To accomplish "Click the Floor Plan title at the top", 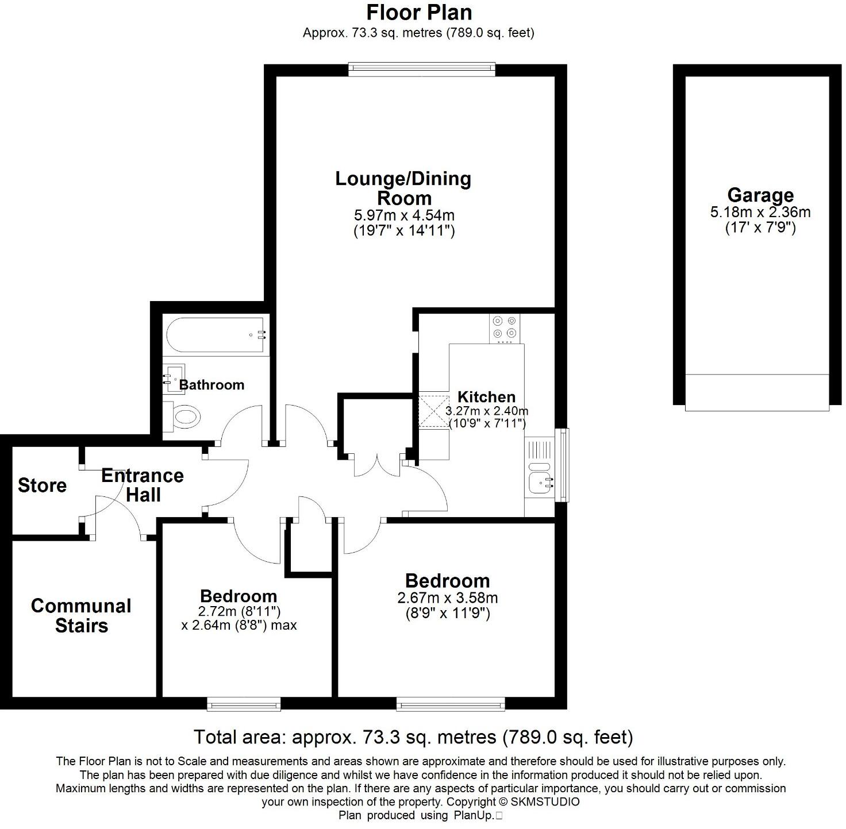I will point(419,12).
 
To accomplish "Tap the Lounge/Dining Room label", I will point(403,188).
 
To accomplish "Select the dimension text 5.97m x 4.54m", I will point(404,216).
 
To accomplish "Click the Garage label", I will point(760,195).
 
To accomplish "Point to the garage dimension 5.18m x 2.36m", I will point(760,212).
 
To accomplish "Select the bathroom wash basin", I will point(173,379).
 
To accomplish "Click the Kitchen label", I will point(486,396).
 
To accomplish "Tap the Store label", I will point(42,485).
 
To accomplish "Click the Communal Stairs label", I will point(81,615).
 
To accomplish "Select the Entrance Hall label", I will point(143,485).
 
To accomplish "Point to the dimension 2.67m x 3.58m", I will point(447,598).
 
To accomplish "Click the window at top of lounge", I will point(422,70).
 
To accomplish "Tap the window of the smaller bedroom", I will point(244,704).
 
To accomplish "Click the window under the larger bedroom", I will point(451,704).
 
